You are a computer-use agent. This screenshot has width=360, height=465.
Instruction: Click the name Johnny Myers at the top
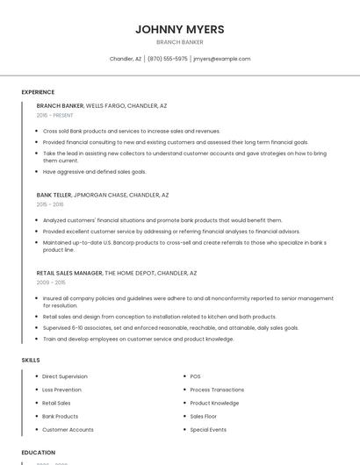point(179,29)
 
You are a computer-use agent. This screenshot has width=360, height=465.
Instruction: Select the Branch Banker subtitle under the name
point(179,42)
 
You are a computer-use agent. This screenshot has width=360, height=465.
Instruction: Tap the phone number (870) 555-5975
point(167,59)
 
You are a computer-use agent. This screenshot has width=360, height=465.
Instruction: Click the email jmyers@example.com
point(221,59)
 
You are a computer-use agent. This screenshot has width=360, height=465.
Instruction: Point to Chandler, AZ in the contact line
point(126,59)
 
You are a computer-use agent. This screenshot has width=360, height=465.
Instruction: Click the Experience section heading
point(38,92)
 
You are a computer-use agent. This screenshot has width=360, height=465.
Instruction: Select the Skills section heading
point(30,360)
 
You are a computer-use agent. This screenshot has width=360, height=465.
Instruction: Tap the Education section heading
point(38,453)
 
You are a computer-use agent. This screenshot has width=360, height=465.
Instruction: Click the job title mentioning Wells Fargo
point(102,105)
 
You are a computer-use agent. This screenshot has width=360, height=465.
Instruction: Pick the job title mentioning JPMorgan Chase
point(103,195)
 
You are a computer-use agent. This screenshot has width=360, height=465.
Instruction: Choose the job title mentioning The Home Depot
point(117,273)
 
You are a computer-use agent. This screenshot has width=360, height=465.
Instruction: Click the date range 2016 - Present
point(56,115)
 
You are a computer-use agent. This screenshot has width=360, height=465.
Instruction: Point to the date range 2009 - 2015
point(51,283)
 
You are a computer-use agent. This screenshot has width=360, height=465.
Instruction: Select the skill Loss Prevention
point(61,390)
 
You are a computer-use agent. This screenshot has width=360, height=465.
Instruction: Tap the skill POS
point(196,376)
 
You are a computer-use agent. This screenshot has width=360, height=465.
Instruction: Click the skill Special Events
point(208,430)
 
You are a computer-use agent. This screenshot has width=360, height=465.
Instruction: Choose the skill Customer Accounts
point(68,430)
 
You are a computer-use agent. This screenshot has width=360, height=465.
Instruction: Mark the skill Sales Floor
point(204,417)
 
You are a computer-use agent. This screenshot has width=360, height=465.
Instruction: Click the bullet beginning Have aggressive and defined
point(95,171)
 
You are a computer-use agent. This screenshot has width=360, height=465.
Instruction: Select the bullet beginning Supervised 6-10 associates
point(170,327)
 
